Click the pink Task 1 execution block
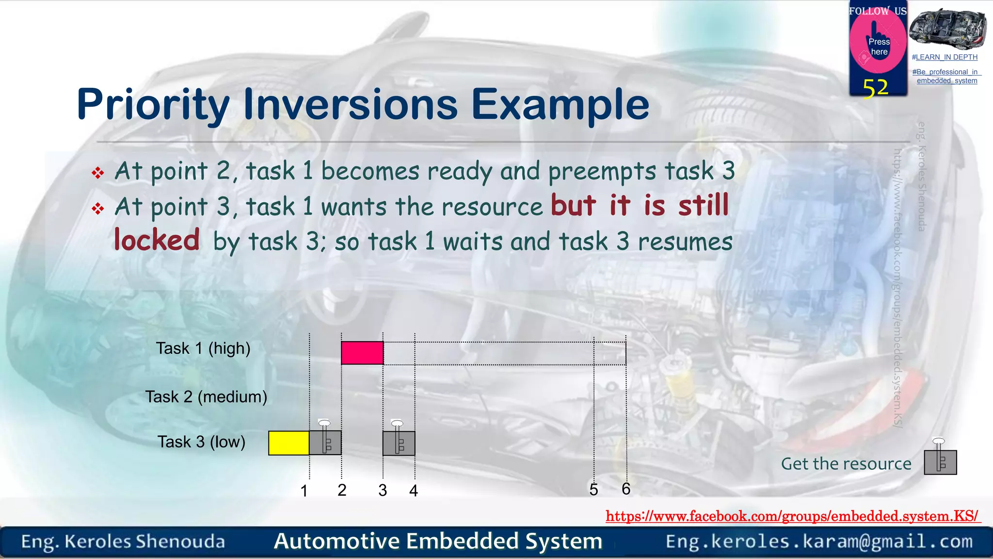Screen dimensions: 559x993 click(x=362, y=353)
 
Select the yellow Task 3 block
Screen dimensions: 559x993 click(x=289, y=443)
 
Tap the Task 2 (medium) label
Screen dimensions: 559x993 click(x=206, y=397)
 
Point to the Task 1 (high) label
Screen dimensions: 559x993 click(x=203, y=348)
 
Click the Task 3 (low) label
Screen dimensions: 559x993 click(x=201, y=442)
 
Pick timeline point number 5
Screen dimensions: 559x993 click(x=593, y=490)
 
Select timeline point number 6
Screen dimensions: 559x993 click(x=626, y=489)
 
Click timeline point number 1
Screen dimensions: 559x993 click(x=304, y=491)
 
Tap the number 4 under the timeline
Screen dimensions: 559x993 click(x=413, y=491)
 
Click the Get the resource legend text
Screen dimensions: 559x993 click(x=846, y=464)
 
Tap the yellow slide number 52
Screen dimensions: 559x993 click(x=875, y=88)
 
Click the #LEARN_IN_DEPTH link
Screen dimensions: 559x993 click(x=945, y=57)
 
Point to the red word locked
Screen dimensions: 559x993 click(x=157, y=240)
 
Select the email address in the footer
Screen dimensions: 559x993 click(x=819, y=542)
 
